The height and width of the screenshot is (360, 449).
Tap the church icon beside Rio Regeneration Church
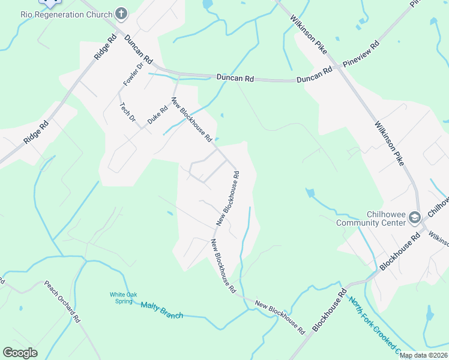[x=121, y=14]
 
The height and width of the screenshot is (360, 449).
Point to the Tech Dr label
[x=127, y=112]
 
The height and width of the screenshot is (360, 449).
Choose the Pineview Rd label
[x=361, y=55]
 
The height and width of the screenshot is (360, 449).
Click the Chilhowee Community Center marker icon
[x=414, y=217]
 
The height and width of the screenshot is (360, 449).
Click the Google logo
[x=20, y=353]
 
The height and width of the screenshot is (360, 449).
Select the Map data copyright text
[x=423, y=355]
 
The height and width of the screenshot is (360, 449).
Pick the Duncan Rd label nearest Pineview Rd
[x=314, y=75]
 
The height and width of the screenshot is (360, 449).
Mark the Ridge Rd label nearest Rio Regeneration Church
[x=104, y=46]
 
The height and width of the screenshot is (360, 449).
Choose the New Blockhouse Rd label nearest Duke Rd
[x=192, y=120]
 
